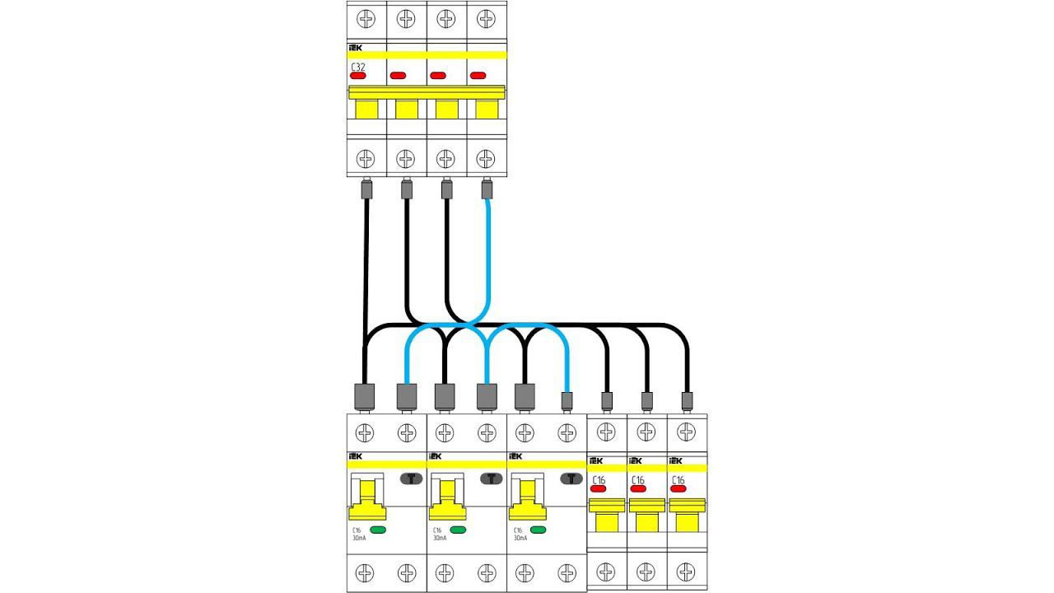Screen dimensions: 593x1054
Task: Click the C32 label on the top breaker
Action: (x=357, y=67)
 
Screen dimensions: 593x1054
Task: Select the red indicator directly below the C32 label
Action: (x=357, y=76)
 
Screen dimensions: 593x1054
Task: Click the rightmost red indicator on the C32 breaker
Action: (x=478, y=76)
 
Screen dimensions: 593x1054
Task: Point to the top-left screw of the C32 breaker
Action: (x=365, y=16)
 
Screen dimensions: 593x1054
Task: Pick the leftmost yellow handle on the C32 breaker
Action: (x=366, y=109)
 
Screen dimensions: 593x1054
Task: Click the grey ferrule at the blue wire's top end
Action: (x=486, y=189)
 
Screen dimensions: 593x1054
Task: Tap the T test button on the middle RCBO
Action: (x=492, y=479)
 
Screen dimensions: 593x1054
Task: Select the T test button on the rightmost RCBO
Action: (x=571, y=479)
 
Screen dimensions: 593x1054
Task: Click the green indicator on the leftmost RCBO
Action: (x=379, y=530)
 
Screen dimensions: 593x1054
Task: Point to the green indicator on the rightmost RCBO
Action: (x=539, y=530)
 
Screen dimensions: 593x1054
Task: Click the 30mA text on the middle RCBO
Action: (x=439, y=539)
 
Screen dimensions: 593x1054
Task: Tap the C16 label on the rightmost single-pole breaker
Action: (x=678, y=479)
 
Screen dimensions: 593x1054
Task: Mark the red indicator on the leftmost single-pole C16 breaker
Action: (x=599, y=488)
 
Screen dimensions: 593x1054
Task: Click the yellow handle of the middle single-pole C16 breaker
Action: (x=646, y=519)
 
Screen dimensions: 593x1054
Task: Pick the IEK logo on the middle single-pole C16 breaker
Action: (x=636, y=461)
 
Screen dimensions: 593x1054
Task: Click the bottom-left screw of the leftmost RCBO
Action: (x=365, y=572)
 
